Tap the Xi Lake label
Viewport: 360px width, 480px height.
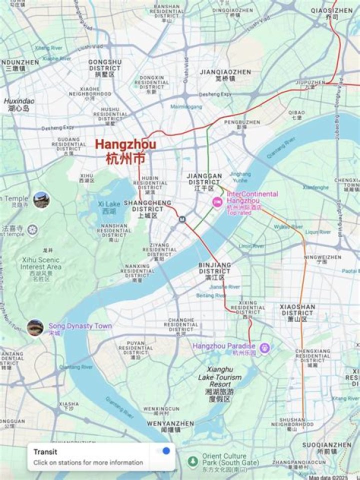(x=109, y=207)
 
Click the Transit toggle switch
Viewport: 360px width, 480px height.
(x=163, y=451)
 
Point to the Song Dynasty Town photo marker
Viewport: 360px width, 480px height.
(x=35, y=327)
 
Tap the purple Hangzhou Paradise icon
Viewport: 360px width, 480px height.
(x=264, y=347)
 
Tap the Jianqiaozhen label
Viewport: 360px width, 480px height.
(x=225, y=74)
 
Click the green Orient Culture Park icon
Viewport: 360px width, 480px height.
(x=192, y=460)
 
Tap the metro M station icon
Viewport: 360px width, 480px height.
(x=183, y=218)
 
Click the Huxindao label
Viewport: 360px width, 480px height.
(x=19, y=104)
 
